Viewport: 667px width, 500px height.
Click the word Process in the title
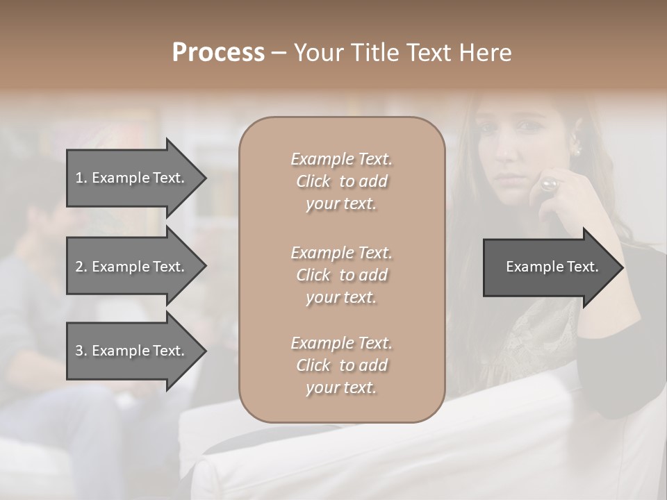(x=218, y=53)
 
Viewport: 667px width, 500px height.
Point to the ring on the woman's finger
(x=549, y=184)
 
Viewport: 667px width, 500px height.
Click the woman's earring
(x=575, y=151)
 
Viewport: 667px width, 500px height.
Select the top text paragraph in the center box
(x=341, y=181)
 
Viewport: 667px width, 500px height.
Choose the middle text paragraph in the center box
(x=341, y=275)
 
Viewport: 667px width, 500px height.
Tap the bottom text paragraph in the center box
(x=341, y=365)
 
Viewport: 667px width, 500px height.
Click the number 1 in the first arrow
(x=79, y=178)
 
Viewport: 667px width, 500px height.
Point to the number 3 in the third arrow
(x=79, y=351)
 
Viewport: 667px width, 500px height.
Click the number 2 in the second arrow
(x=79, y=267)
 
